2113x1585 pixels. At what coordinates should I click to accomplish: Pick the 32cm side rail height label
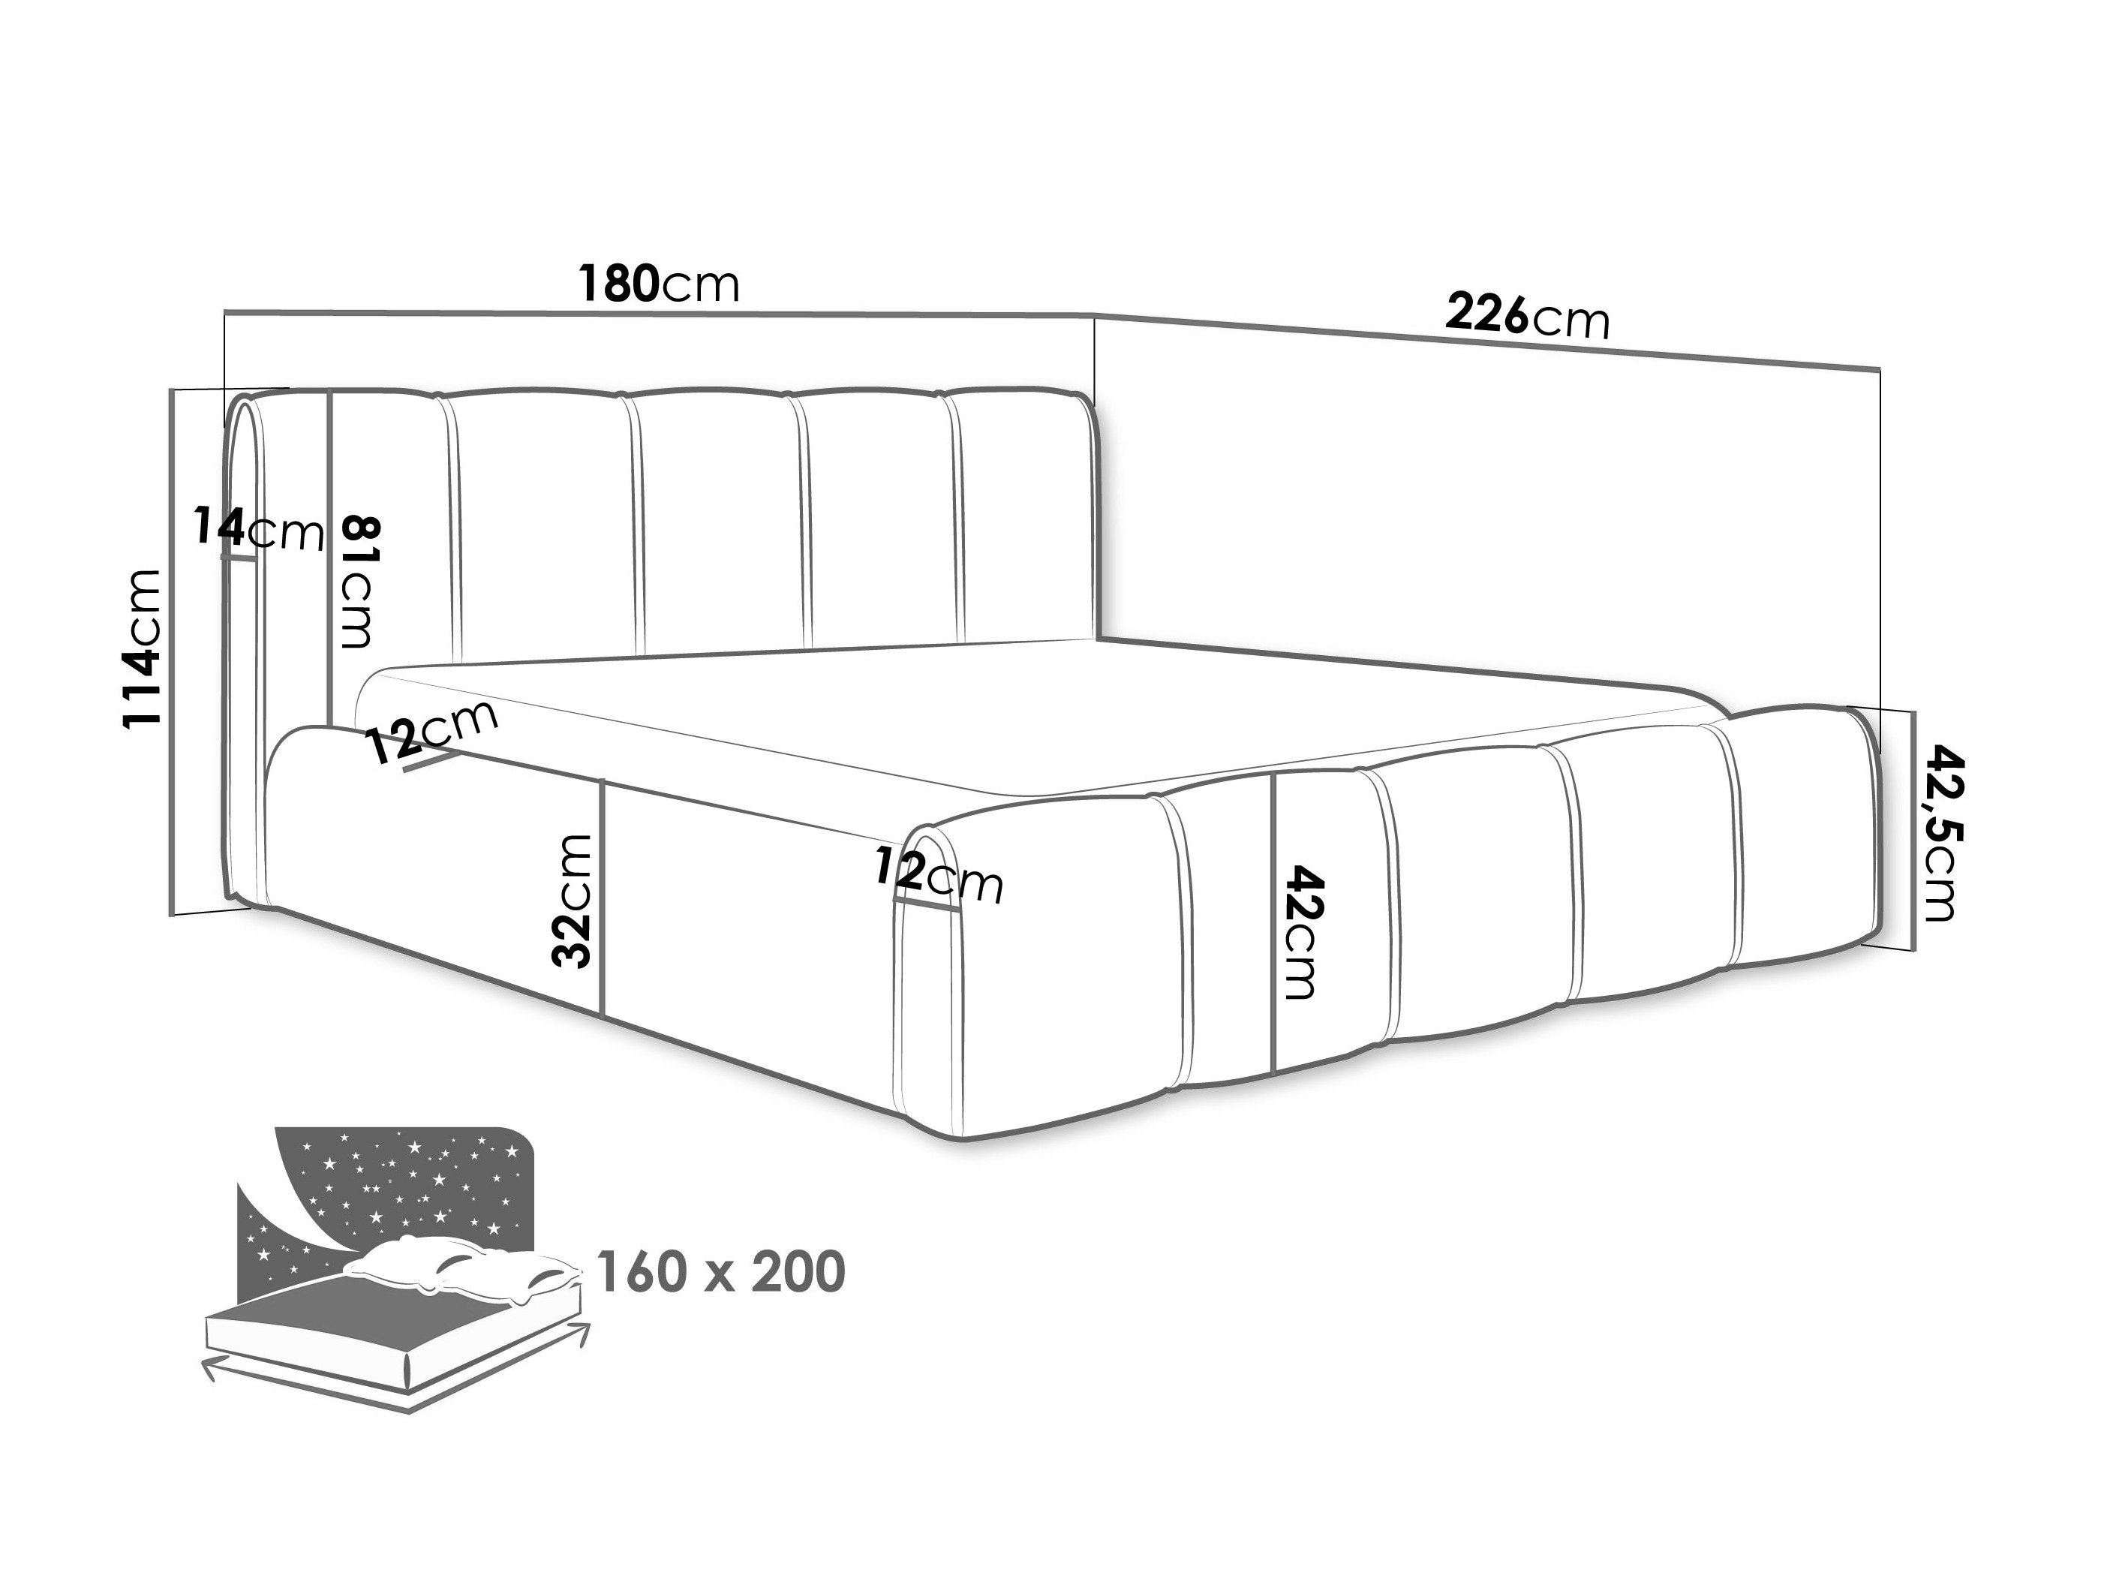pos(573,901)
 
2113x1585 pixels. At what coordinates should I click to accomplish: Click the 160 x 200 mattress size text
pos(720,1271)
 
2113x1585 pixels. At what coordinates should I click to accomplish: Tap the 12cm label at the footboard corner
pos(938,874)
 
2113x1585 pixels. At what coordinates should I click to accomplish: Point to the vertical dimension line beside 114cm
pos(173,652)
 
